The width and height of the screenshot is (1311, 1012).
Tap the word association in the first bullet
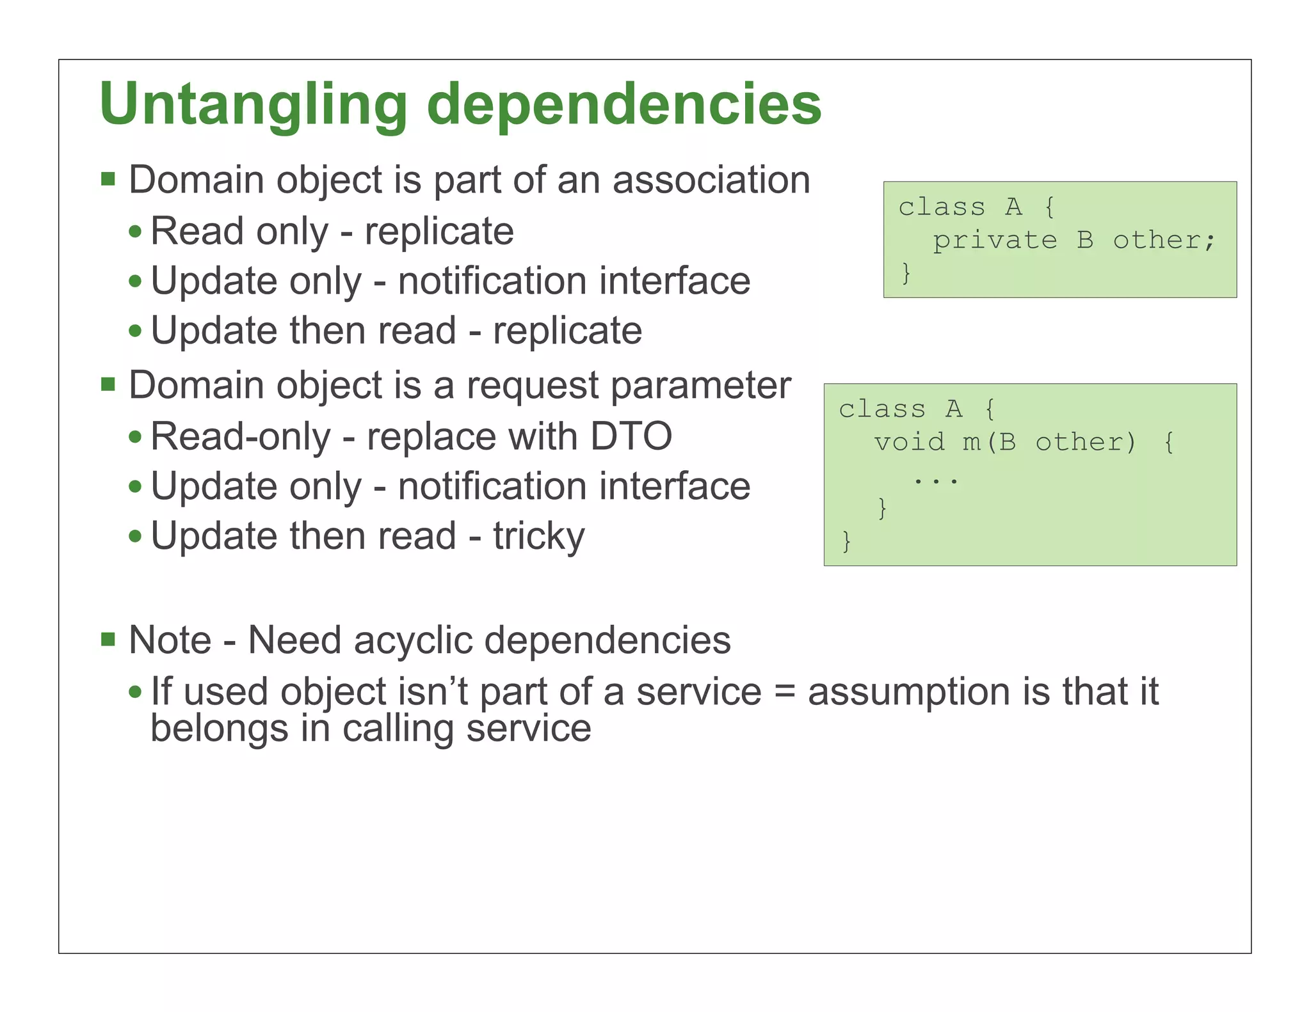[x=711, y=180]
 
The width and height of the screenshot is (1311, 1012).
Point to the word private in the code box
[x=994, y=241]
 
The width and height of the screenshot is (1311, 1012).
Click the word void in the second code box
[x=909, y=442]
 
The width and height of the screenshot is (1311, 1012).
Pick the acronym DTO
[x=631, y=436]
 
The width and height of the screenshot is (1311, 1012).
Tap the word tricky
[x=538, y=536]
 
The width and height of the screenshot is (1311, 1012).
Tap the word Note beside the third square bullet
[x=170, y=640]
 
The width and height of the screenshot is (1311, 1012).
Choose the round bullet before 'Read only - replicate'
[x=134, y=232]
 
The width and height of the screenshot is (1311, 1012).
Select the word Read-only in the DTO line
[x=241, y=436]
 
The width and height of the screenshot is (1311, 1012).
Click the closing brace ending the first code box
[x=906, y=273]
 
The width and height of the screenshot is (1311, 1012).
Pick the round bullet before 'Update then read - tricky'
[x=134, y=536]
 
